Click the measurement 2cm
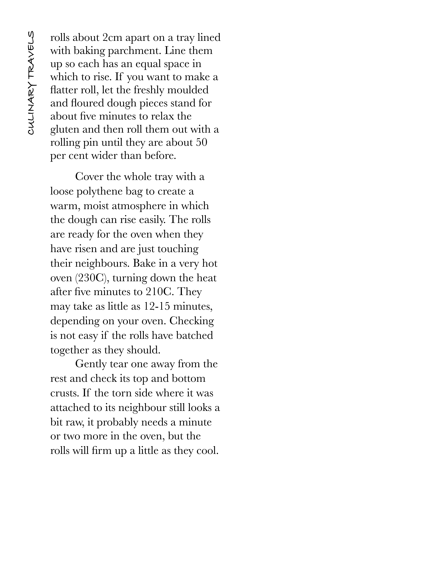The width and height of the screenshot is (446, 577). [112, 38]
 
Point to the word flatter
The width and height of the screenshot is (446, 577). [63, 90]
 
